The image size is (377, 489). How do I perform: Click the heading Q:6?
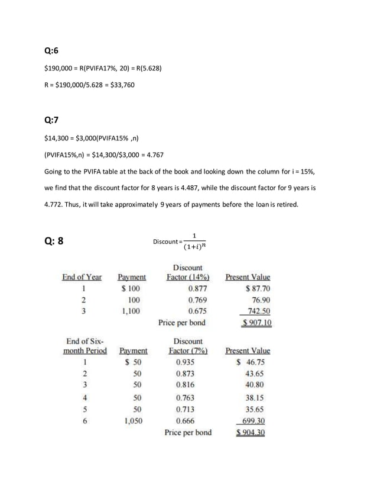(52, 52)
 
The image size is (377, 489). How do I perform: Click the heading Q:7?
(52, 120)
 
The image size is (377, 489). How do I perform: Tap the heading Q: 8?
(54, 241)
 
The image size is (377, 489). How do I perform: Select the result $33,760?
(122, 85)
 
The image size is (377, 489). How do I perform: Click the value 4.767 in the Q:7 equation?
(153, 155)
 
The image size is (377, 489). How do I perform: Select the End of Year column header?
(82, 277)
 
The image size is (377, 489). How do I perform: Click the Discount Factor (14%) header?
(188, 272)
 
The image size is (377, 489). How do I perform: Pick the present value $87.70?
(258, 289)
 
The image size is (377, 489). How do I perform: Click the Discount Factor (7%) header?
(188, 346)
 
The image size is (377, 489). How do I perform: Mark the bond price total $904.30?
(249, 432)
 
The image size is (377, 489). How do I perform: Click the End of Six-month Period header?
(84, 346)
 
